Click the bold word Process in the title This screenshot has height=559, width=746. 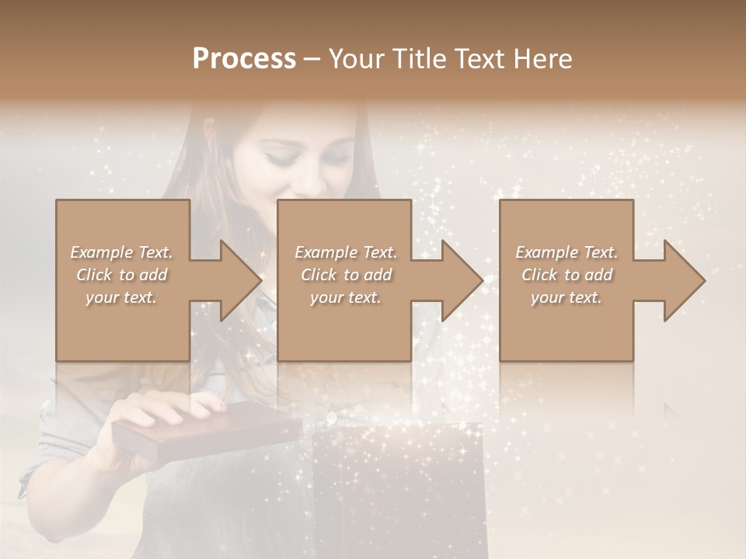click(244, 58)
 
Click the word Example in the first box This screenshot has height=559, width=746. click(102, 252)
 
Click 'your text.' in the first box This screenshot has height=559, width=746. click(120, 297)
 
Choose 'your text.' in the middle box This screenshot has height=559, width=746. click(345, 297)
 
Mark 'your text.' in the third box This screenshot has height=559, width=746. click(566, 297)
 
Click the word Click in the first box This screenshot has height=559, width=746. click(94, 275)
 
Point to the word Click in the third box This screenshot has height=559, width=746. click(539, 275)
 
